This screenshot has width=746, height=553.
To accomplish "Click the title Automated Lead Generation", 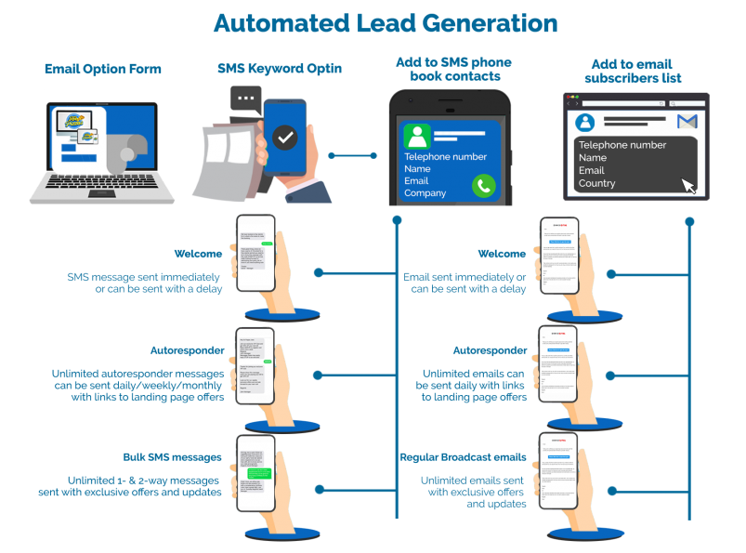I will (x=386, y=22).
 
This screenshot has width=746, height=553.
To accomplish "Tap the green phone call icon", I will (x=483, y=185).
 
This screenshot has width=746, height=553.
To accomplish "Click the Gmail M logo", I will (x=687, y=122).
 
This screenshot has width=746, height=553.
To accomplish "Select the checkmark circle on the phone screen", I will (x=285, y=138).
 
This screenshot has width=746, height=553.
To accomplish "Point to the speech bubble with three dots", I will (x=247, y=98).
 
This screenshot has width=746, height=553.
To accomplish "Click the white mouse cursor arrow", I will (x=689, y=186).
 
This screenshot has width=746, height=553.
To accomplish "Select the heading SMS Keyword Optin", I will (x=279, y=69).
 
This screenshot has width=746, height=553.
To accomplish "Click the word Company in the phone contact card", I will (x=425, y=193).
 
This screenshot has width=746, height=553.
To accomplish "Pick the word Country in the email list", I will (x=596, y=183).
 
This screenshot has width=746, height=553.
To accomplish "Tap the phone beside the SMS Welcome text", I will (x=255, y=253).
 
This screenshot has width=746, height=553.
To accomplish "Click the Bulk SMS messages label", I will (x=172, y=457).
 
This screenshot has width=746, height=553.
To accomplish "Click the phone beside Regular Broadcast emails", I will (x=559, y=471).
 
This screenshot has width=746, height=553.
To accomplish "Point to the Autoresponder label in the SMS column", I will (x=187, y=350).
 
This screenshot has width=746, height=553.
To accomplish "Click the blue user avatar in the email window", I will (x=585, y=123).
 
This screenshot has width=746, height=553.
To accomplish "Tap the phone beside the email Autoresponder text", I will (x=559, y=364).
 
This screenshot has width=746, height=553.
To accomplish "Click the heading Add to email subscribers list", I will (x=633, y=72).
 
